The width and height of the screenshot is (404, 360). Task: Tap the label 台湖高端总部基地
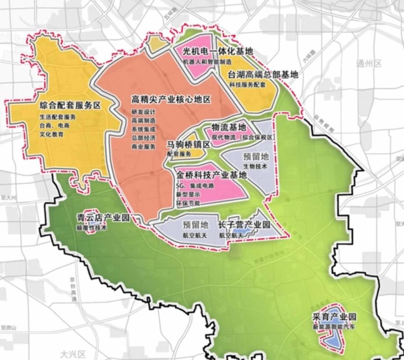coord(263,75)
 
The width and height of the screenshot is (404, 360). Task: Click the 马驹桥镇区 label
coord(189,144)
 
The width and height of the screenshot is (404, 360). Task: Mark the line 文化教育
coord(51,134)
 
